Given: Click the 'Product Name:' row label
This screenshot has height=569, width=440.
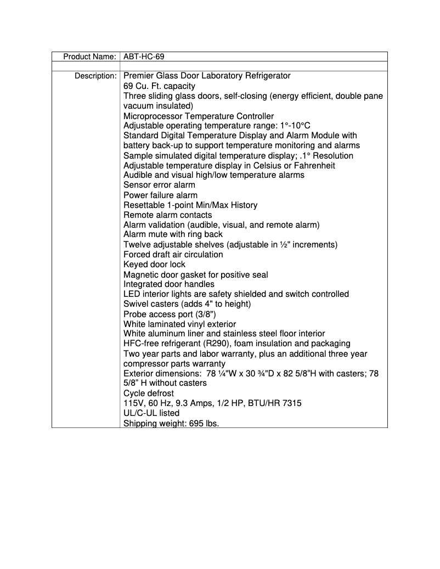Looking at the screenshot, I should point(89,57).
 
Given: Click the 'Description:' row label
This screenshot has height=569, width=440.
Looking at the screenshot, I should point(95,76).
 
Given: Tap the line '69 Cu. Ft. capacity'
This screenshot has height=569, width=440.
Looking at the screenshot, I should point(159,86).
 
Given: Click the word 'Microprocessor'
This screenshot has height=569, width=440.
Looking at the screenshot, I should point(152,116).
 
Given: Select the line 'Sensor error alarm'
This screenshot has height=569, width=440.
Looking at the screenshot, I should point(159,185).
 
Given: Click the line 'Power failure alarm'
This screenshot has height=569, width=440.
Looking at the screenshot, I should point(160,195).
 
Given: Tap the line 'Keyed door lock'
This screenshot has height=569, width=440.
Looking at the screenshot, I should point(154,264).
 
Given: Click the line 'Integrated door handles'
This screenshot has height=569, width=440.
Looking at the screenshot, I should point(169,284).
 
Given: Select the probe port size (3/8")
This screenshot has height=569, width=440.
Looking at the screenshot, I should point(206,314).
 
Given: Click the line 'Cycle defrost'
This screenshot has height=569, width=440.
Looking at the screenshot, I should point(148,393).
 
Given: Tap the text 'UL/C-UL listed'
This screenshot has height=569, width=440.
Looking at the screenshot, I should point(151,413).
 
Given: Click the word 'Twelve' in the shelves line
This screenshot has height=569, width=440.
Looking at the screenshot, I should point(137,245).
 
